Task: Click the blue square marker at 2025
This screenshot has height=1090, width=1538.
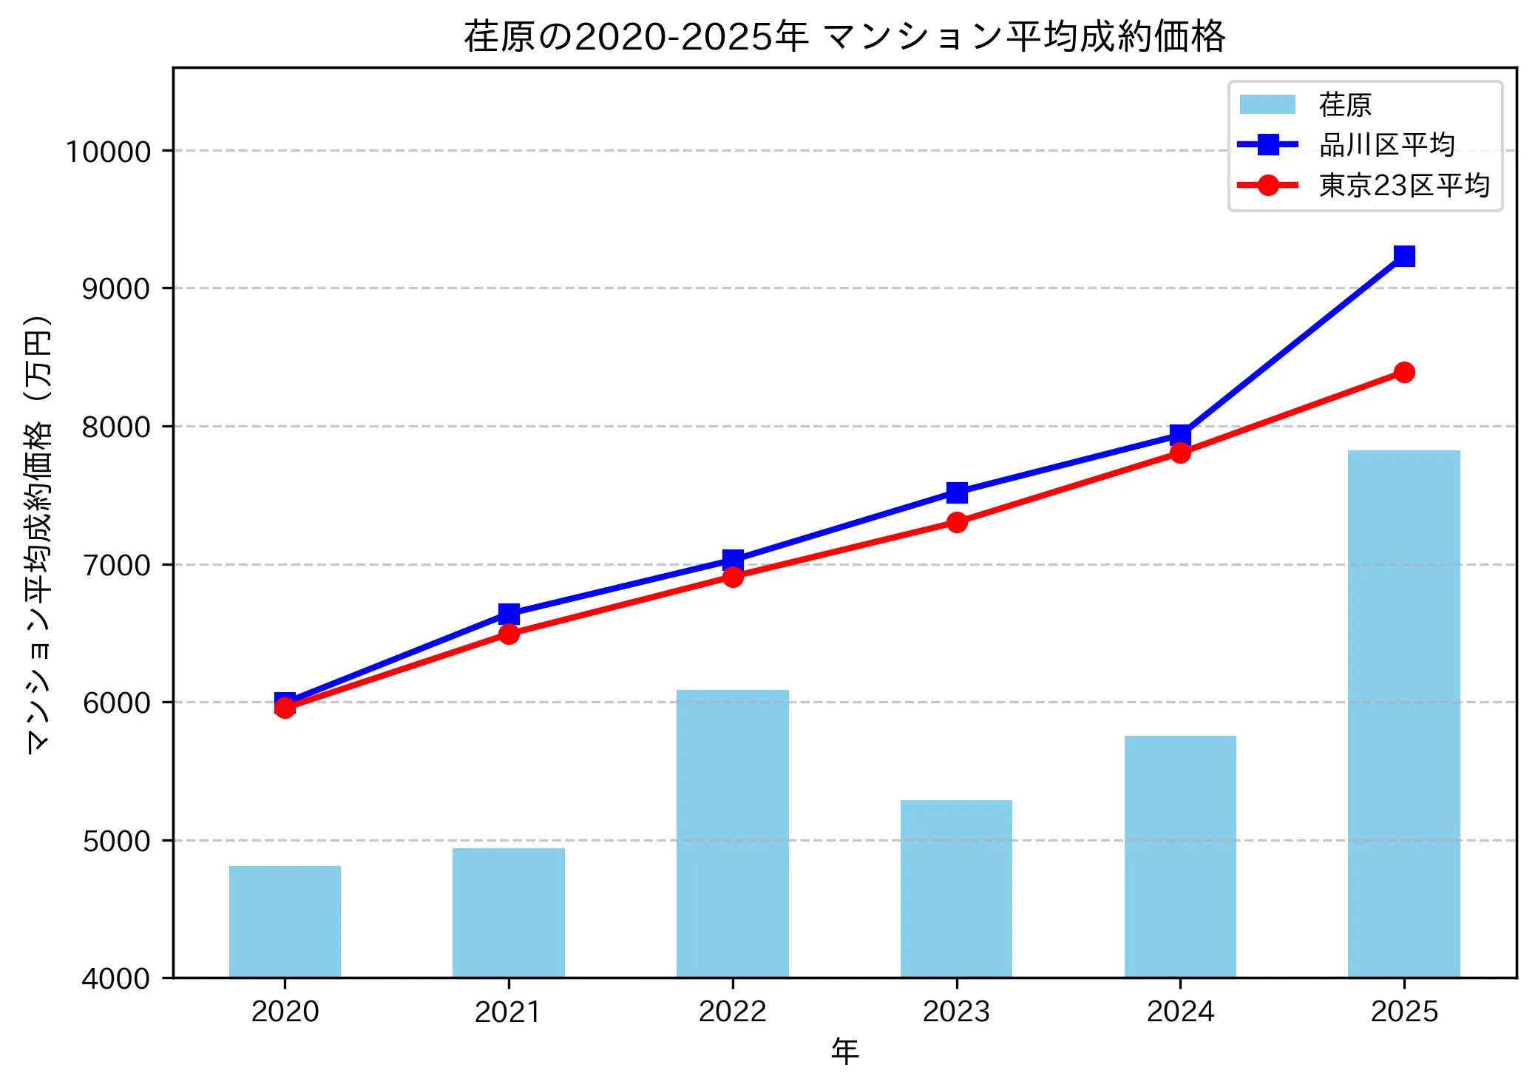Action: (1404, 256)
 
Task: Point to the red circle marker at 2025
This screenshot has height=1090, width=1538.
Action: (1404, 372)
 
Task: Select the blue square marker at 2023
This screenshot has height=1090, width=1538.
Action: (957, 492)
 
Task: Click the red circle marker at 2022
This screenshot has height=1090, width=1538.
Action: (733, 577)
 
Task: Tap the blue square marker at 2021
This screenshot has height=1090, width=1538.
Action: (509, 614)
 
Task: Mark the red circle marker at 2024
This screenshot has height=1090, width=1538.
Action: (1180, 453)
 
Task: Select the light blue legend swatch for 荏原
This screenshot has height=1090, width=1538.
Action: (1267, 104)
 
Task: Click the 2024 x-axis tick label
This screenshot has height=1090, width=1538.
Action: (1180, 1011)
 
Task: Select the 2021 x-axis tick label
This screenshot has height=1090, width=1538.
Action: (508, 1011)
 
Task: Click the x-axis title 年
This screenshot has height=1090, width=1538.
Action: (844, 1051)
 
